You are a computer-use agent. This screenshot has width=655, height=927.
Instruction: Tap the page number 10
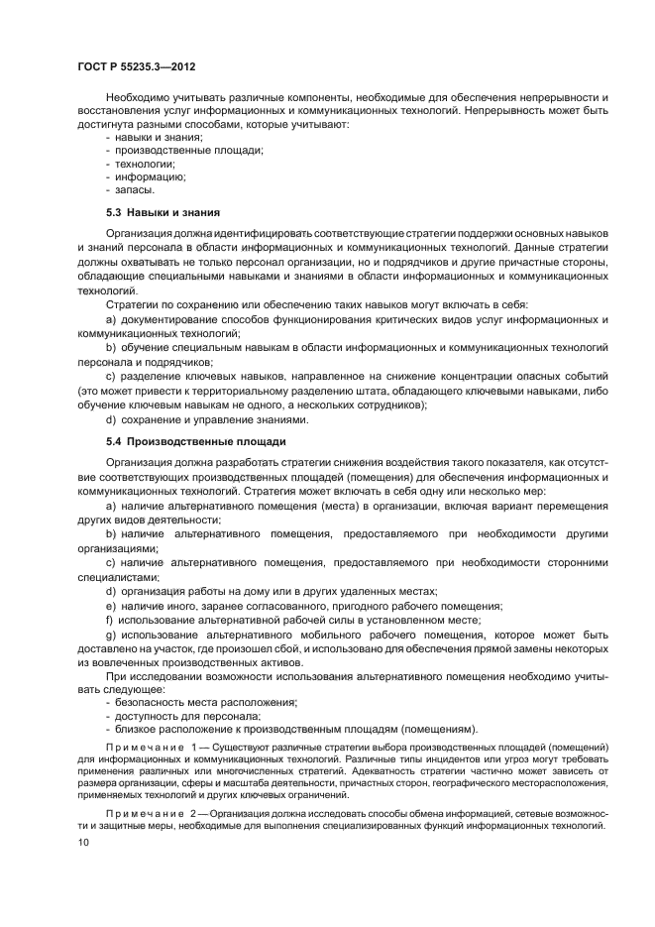click(x=82, y=842)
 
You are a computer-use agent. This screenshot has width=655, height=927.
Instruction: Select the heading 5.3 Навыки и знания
click(x=162, y=213)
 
